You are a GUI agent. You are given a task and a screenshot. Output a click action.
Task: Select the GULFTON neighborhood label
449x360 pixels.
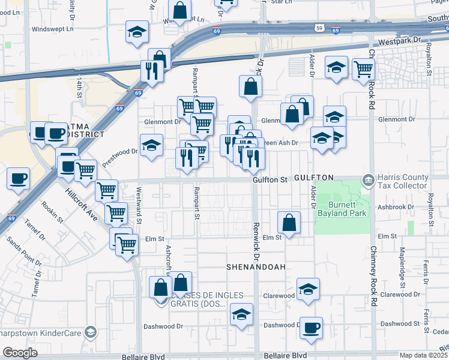[x=314, y=178]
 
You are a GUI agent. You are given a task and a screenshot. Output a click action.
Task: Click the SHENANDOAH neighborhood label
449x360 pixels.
[x=256, y=266]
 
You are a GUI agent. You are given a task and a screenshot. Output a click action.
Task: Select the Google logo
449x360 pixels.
[x=20, y=353]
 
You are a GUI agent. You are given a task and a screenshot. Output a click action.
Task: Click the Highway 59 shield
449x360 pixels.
[x=321, y=28]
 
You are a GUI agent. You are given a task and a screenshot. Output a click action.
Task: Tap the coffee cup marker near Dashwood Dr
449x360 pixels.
[x=311, y=328]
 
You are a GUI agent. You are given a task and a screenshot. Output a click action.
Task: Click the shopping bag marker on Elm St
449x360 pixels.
[x=289, y=222]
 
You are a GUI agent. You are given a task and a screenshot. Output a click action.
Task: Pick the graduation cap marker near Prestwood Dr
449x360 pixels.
[x=151, y=145]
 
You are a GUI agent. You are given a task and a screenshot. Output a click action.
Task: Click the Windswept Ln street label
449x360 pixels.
[x=52, y=28]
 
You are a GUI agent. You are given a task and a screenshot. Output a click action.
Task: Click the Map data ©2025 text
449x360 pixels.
[x=424, y=355]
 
